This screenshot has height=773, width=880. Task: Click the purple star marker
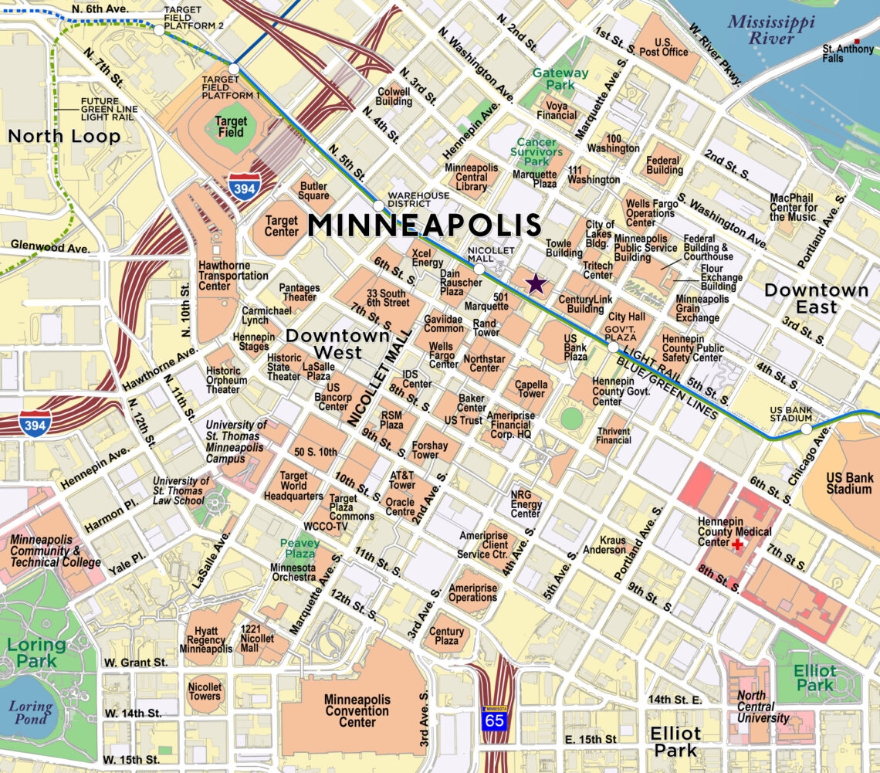(x=536, y=283)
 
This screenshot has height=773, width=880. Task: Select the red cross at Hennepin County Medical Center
(x=738, y=544)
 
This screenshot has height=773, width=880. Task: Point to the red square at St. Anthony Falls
(x=856, y=41)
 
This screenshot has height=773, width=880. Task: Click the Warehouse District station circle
(x=378, y=206)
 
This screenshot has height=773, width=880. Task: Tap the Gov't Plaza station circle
(x=613, y=348)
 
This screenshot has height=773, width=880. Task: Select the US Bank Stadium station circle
(x=806, y=429)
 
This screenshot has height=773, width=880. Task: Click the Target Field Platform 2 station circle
(x=158, y=30)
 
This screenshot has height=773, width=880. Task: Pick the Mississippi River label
(x=771, y=29)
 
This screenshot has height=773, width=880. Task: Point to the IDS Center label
(x=417, y=378)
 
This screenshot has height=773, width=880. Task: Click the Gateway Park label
(x=560, y=78)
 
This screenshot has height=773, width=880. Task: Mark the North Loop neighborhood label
(x=64, y=137)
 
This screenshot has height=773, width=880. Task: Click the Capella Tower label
(x=531, y=388)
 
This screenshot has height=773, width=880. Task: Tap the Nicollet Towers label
(x=205, y=691)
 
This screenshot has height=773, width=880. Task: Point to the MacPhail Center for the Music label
(x=794, y=207)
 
